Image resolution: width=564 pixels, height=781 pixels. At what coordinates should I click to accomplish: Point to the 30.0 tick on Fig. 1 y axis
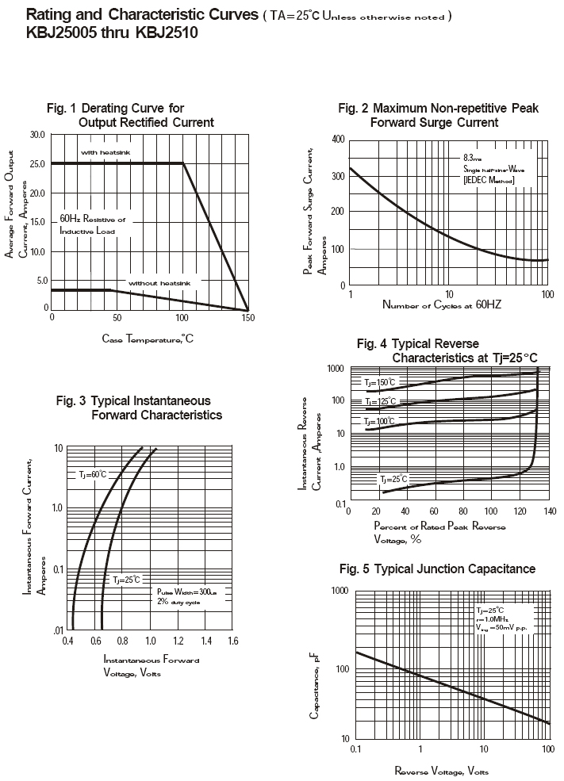[37, 135]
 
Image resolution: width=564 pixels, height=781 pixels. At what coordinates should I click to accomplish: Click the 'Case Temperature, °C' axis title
[148, 339]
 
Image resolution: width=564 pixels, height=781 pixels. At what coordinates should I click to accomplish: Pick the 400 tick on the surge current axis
[338, 140]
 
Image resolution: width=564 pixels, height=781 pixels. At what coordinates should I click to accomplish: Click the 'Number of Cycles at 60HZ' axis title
[442, 304]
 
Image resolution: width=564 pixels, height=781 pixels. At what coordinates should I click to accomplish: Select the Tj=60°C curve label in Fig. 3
[92, 474]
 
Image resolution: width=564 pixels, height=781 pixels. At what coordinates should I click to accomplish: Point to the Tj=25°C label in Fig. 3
[126, 580]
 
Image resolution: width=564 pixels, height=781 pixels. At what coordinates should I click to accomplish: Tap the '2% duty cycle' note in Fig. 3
[178, 603]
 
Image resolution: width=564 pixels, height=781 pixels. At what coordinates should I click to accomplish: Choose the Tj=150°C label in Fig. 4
[379, 382]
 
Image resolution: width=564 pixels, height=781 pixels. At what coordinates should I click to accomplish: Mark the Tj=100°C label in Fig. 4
[379, 421]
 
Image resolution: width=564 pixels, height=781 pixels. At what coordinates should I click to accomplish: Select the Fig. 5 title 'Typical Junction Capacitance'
[437, 569]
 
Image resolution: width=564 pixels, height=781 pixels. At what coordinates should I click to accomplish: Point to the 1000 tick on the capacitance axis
[340, 591]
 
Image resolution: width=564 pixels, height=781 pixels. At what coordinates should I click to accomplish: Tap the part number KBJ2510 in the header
[167, 33]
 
